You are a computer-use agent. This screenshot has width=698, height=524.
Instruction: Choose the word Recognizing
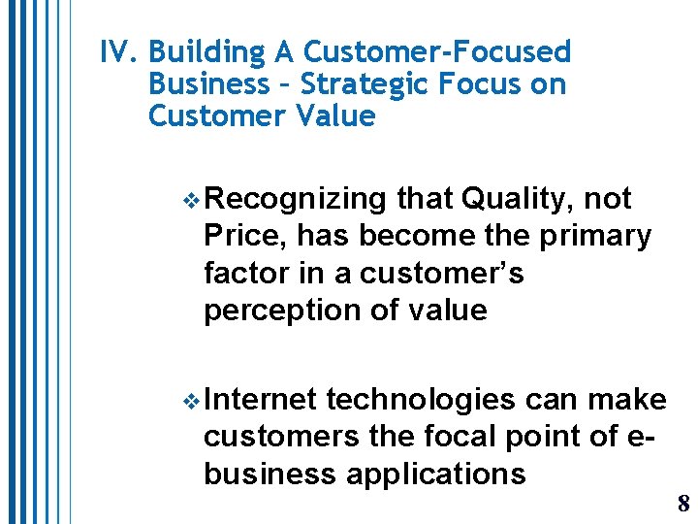pos(296,199)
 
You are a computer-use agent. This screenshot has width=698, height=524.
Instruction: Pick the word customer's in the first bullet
pos(442,273)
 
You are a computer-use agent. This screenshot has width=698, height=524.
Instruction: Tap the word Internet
pos(261,399)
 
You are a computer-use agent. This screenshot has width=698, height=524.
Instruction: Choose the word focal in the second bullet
pos(460,437)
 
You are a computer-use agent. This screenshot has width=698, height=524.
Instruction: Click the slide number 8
pos(682,503)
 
